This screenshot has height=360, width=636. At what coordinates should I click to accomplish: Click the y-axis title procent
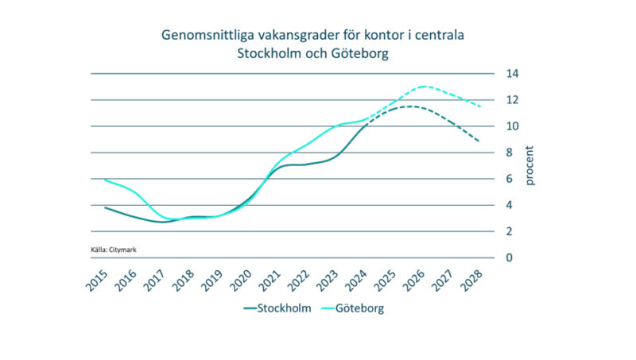[530, 165]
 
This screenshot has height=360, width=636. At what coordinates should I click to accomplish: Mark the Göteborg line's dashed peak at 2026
[422, 87]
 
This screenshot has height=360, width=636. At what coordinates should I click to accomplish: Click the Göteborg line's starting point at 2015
[106, 180]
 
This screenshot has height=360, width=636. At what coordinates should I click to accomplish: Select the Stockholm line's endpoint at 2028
[479, 141]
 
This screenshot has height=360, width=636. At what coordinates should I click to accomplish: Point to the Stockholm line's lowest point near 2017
[163, 222]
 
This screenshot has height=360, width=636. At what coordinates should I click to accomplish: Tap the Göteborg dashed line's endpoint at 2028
[479, 106]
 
